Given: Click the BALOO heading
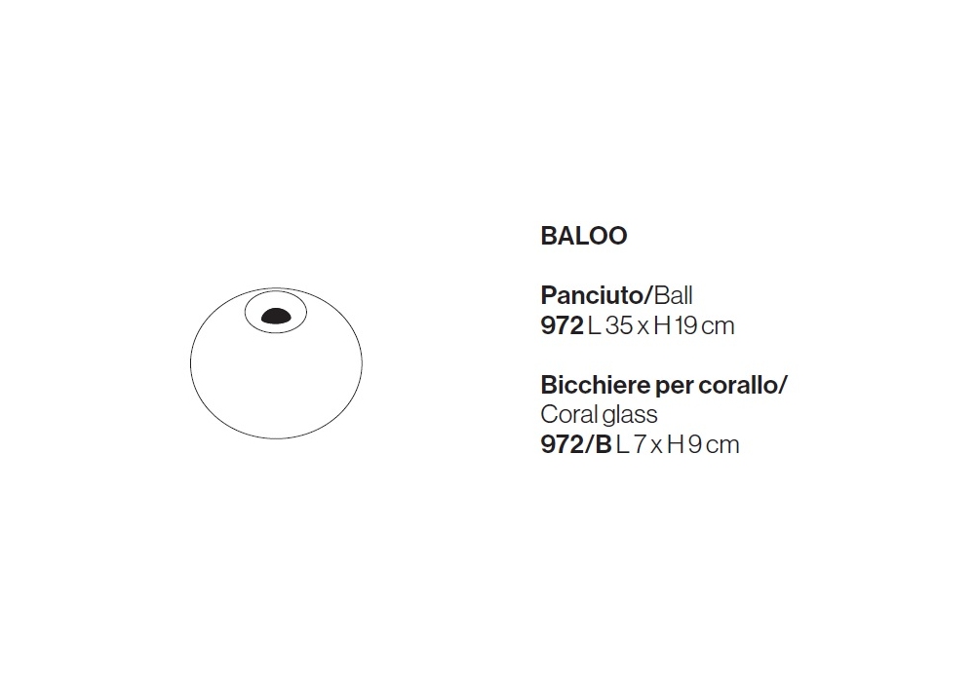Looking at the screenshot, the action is [x=584, y=236].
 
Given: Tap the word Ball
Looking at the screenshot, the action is [x=673, y=295].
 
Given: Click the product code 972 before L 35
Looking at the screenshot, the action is [x=563, y=326].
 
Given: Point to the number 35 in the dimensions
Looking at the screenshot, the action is [x=619, y=326].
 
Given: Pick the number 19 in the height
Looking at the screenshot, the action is [x=685, y=326].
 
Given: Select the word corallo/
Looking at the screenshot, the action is [x=742, y=385].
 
